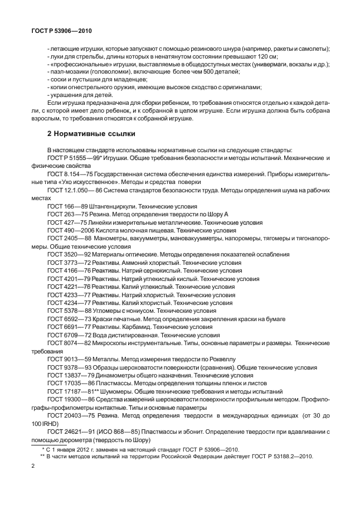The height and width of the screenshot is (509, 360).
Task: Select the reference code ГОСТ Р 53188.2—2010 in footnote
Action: (x=280, y=456)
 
